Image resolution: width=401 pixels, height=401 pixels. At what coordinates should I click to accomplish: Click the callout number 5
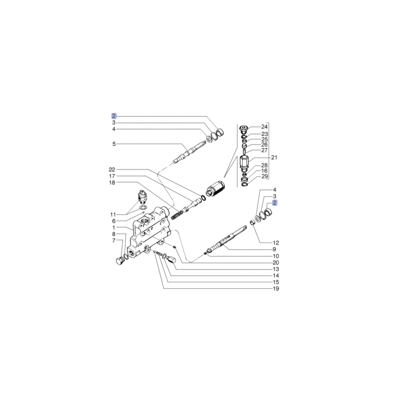pyautogui.click(x=113, y=144)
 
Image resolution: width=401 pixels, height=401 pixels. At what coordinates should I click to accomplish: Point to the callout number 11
pyautogui.click(x=113, y=214)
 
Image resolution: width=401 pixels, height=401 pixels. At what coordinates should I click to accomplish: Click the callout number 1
pyautogui.click(x=113, y=227)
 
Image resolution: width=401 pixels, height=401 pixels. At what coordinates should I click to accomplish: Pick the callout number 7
pyautogui.click(x=113, y=240)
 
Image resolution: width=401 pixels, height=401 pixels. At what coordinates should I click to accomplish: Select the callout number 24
pyautogui.click(x=264, y=127)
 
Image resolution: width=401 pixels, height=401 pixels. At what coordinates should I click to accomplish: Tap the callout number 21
pyautogui.click(x=274, y=158)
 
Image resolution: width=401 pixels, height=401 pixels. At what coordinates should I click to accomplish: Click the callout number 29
pyautogui.click(x=264, y=176)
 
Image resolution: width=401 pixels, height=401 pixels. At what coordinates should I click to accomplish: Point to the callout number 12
pyautogui.click(x=276, y=243)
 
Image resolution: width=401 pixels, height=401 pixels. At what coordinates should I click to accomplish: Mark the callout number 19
pyautogui.click(x=276, y=289)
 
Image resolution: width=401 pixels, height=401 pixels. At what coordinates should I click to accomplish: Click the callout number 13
pyautogui.click(x=276, y=269)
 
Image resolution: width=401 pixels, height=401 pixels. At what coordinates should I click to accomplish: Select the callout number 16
pyautogui.click(x=264, y=171)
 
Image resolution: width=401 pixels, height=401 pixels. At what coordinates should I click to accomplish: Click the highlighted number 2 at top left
pyautogui.click(x=114, y=115)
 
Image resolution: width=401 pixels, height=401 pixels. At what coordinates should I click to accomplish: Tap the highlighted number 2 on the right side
pyautogui.click(x=275, y=203)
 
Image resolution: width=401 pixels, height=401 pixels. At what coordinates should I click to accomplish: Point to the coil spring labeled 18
pyautogui.click(x=176, y=215)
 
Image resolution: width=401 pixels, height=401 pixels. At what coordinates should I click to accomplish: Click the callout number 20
pyautogui.click(x=276, y=263)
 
